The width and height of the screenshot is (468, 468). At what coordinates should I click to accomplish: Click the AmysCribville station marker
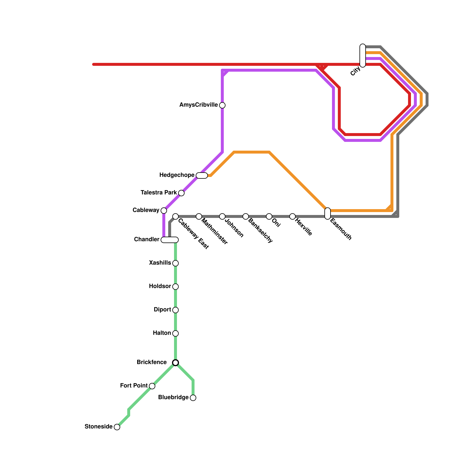(x=222, y=105)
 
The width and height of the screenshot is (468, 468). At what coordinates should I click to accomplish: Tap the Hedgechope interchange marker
(x=202, y=175)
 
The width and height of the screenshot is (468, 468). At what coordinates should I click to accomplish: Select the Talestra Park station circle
(x=181, y=193)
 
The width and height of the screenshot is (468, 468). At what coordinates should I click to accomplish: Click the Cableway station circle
(x=164, y=211)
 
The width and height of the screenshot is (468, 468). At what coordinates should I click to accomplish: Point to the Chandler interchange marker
(x=170, y=240)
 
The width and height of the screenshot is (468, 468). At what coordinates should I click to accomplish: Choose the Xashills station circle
(x=175, y=263)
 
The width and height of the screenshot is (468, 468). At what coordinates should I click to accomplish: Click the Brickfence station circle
(x=175, y=363)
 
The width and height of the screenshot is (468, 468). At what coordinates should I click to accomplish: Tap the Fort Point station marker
(x=152, y=386)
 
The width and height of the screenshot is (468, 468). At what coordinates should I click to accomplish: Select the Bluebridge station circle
(x=193, y=398)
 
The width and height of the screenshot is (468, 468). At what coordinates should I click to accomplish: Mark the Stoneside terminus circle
(x=117, y=427)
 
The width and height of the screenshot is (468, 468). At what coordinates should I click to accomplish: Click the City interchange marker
(x=363, y=56)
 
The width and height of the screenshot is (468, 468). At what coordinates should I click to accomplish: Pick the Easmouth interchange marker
(x=328, y=214)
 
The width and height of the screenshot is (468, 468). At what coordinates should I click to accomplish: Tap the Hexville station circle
(x=292, y=216)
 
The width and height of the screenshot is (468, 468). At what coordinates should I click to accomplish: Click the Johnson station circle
(x=222, y=216)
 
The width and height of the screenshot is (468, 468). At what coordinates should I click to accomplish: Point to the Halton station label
(x=162, y=333)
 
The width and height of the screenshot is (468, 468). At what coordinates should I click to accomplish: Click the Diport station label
(x=162, y=310)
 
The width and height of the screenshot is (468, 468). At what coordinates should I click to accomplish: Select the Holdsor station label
(x=160, y=286)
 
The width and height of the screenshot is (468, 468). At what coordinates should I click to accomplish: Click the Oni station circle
(x=269, y=216)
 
